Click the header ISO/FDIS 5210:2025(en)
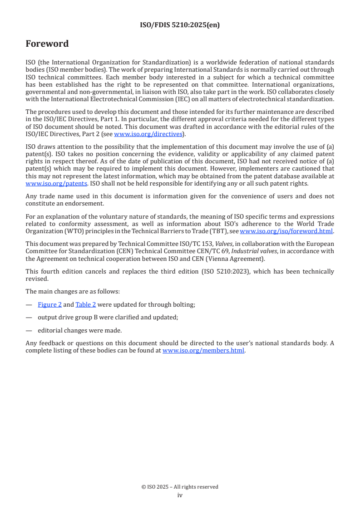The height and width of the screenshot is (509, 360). tap(180, 25)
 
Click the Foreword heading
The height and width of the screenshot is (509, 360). tap(47, 44)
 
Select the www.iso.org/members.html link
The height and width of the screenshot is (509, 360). tap(203, 350)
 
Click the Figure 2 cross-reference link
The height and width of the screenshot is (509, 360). tap(49, 305)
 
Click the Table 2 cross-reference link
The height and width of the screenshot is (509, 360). tap(83, 305)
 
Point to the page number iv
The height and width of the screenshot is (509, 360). tap(180, 495)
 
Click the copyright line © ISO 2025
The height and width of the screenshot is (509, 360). tap(180, 487)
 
